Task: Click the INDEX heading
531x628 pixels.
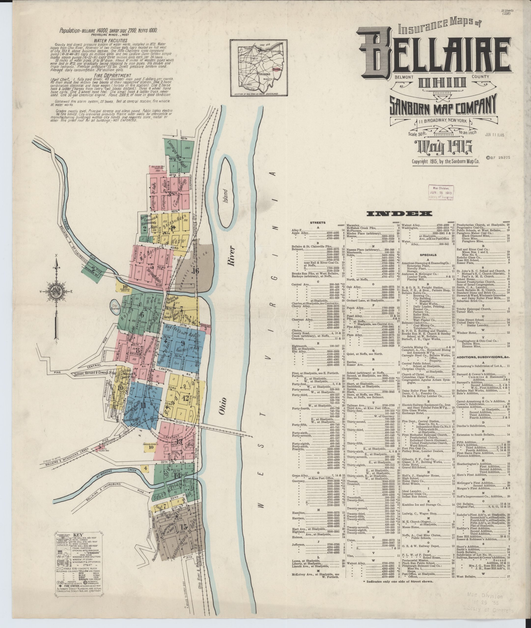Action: click(399, 214)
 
